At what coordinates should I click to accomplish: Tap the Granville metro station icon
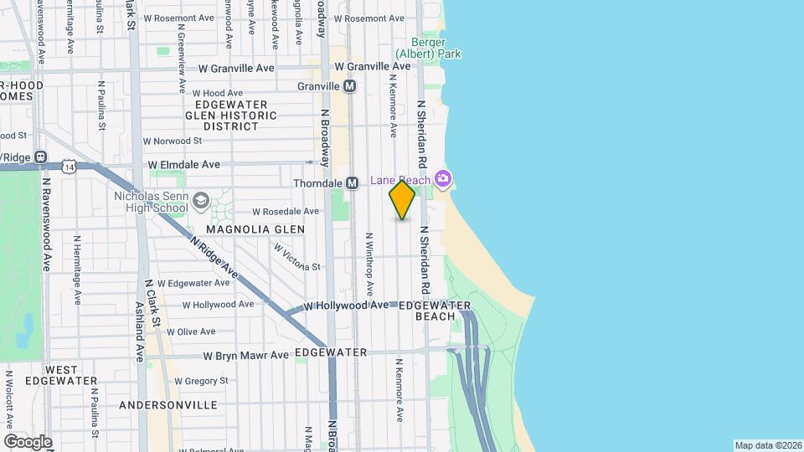(x=350, y=86)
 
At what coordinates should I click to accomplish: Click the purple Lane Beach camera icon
(x=442, y=178)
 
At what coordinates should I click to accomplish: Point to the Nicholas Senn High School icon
(x=201, y=200)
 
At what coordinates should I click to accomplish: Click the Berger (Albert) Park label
(x=435, y=49)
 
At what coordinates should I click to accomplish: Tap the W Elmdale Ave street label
(x=184, y=164)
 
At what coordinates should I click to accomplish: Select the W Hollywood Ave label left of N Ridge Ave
(x=218, y=305)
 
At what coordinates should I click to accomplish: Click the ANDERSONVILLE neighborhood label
(x=168, y=405)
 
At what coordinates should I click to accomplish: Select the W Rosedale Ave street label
(x=286, y=212)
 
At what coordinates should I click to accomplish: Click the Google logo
(x=28, y=441)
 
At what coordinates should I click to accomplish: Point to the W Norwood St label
(x=173, y=141)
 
